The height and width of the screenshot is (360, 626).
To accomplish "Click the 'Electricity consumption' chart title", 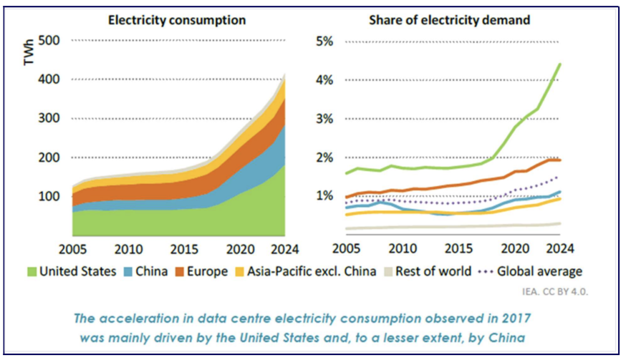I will pos(177,20).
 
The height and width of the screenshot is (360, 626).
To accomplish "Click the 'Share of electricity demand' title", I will pos(449,20).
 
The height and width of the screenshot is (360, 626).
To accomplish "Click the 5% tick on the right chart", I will pos(324,42).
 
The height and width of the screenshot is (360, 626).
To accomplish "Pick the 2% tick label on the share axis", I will pos(324,158).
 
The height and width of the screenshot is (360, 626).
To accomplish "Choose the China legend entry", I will pos(146,271).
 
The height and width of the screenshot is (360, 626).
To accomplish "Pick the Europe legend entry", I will pos(205,271).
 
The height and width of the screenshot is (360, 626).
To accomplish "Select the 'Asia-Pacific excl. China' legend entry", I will pos(306,271).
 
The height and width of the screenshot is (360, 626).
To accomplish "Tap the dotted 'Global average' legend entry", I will pos(531,271).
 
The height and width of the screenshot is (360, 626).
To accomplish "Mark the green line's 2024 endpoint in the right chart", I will pos(559,64).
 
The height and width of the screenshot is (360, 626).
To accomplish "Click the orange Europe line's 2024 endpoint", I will pos(559,160).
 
